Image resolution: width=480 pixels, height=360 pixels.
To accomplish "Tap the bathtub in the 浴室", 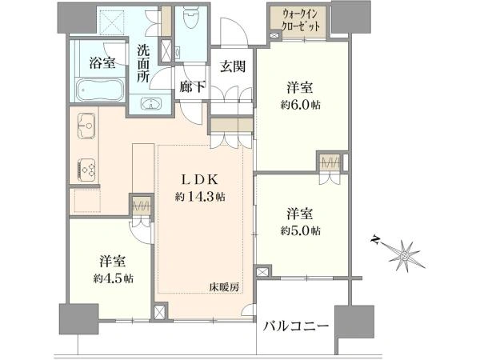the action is tap(99, 90).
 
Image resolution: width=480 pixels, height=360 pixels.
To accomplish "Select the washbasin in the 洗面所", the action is tap(151, 104).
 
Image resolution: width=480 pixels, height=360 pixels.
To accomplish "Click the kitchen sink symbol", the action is tap(86, 126).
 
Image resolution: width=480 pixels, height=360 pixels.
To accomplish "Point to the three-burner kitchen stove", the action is tap(86, 170).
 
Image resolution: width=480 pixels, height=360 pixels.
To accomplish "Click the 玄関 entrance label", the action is tap(233, 66).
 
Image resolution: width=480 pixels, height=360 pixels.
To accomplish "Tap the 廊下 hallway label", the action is tap(192, 87).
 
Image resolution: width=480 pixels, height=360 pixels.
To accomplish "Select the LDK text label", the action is tap(200, 180).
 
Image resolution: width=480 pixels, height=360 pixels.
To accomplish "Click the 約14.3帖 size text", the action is tap(200, 197).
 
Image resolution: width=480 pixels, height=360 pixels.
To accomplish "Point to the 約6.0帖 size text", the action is tap(300, 105).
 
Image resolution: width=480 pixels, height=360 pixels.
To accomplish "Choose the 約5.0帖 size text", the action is tap(300, 230).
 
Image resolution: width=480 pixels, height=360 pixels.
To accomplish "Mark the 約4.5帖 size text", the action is tap(114, 278).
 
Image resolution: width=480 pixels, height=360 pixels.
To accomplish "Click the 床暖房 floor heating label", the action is tap(224, 287).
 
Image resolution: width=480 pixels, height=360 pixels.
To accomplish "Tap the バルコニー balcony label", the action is tap(296, 326).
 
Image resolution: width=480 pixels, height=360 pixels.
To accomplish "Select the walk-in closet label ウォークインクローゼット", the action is tap(301, 20).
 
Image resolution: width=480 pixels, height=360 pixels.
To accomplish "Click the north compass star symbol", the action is tap(403, 254).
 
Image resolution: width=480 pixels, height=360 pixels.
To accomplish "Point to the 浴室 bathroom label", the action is tap(102, 62).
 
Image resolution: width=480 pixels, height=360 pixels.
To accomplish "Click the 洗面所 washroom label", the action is tap(143, 64).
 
